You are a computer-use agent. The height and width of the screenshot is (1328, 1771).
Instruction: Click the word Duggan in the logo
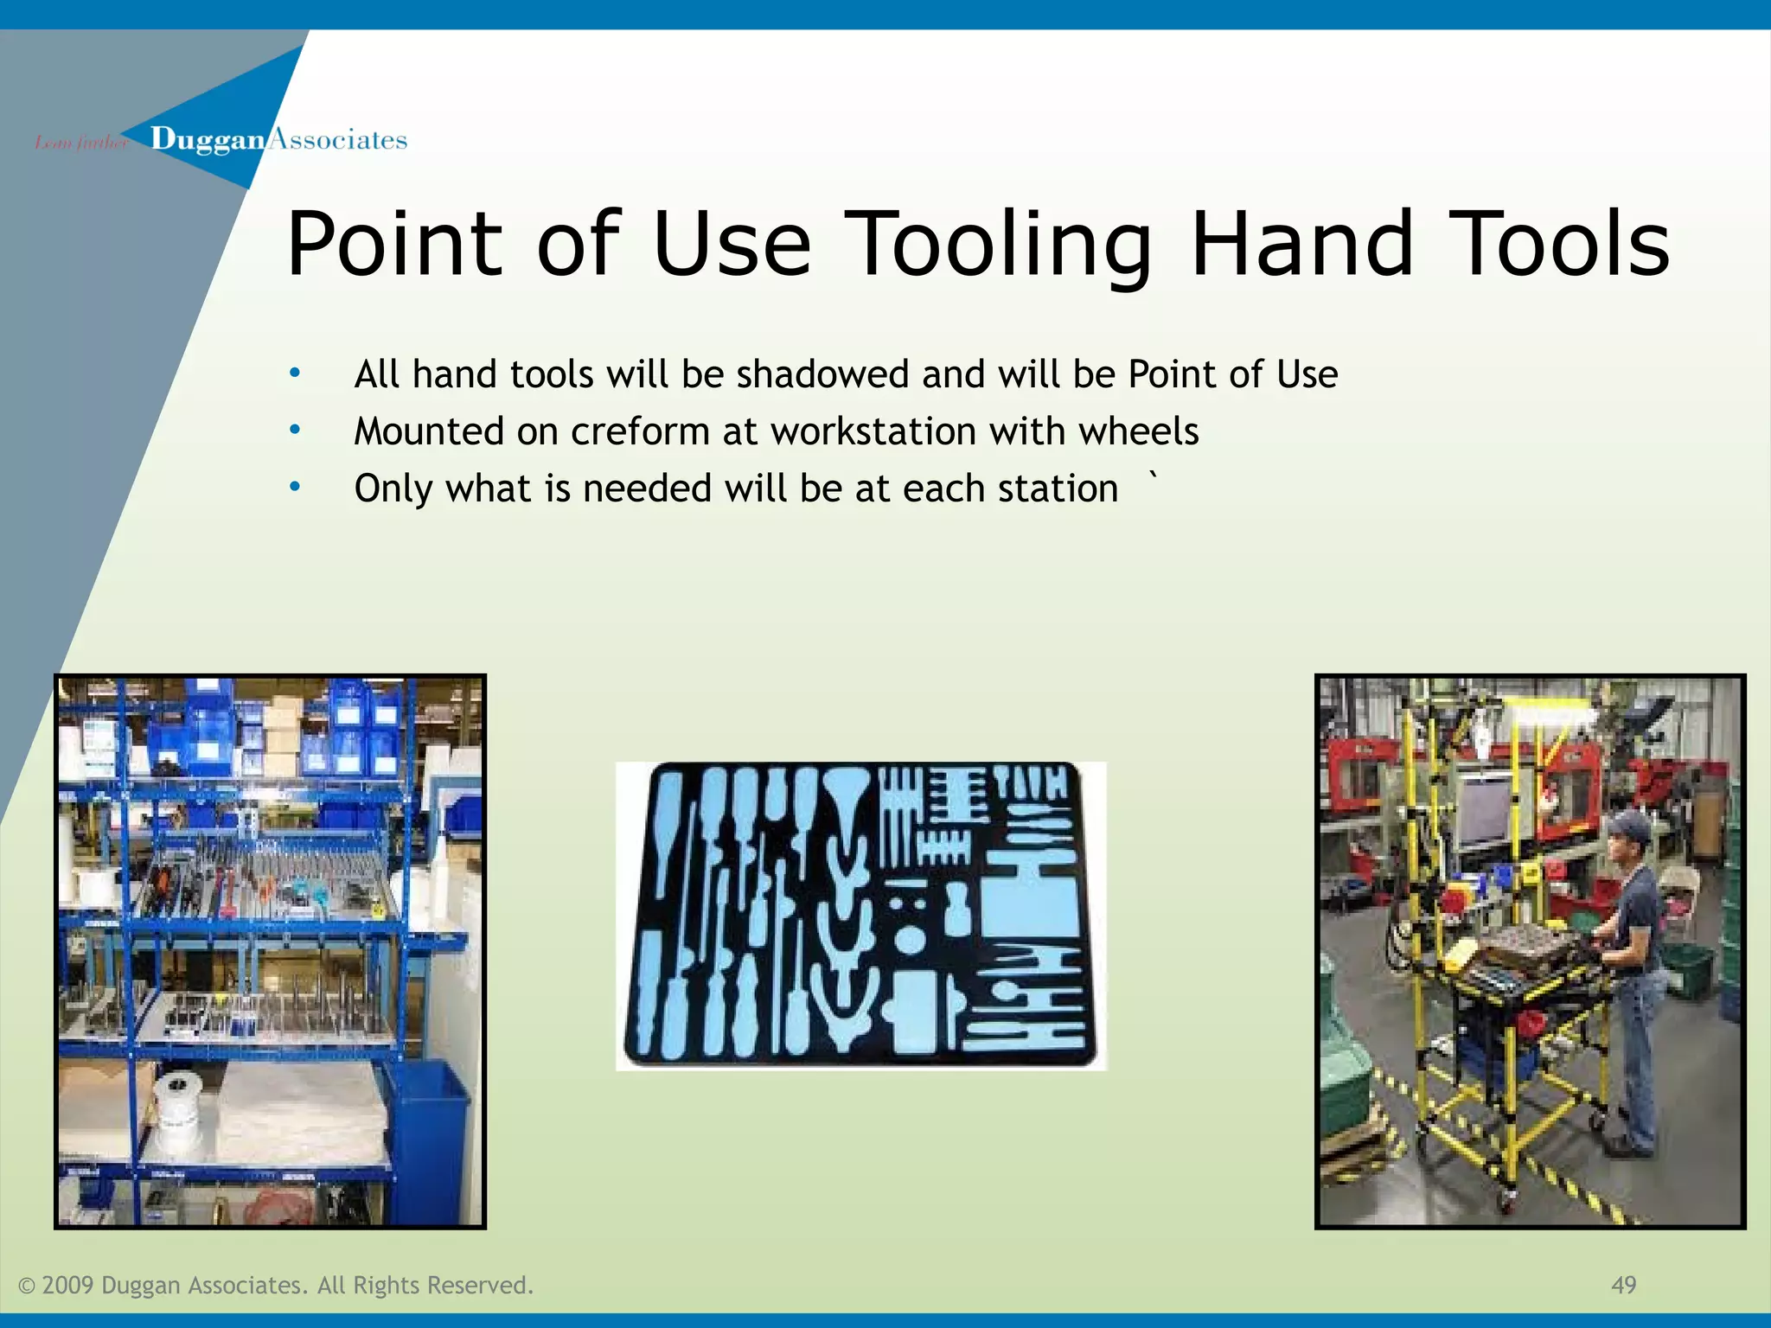[208, 140]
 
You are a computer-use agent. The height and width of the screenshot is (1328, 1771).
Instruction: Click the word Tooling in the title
[999, 246]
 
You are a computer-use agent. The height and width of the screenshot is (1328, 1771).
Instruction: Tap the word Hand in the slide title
[1302, 244]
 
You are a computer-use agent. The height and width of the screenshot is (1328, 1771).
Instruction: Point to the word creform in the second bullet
[640, 431]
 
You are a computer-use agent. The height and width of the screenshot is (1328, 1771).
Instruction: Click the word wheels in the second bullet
[1138, 431]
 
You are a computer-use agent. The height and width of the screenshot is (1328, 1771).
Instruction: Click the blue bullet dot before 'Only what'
[295, 487]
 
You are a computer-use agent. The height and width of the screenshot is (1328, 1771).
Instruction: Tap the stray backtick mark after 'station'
[1151, 475]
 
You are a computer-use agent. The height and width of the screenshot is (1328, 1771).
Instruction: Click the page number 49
[1623, 1285]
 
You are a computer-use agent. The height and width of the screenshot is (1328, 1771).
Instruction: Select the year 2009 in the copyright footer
[67, 1285]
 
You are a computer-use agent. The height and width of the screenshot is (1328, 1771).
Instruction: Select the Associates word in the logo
[337, 140]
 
